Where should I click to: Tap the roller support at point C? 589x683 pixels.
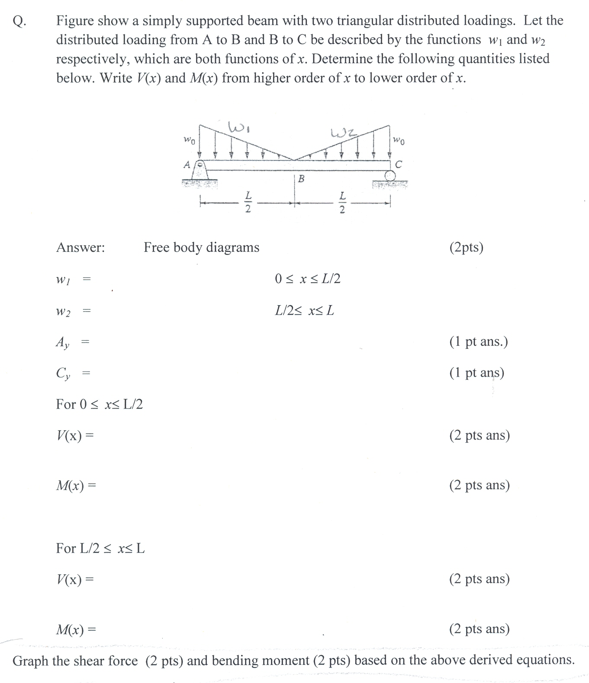[x=390, y=175]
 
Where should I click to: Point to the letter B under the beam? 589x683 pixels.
[x=301, y=178]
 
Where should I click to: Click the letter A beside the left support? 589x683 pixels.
[x=187, y=165]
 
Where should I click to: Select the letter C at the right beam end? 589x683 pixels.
[x=399, y=165]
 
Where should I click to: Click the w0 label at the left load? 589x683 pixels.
[x=189, y=140]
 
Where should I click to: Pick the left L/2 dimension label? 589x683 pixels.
[x=248, y=202]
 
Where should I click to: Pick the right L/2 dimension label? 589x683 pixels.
[x=342, y=203]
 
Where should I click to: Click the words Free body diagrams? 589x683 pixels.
[x=201, y=247]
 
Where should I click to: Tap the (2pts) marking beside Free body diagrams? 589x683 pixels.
[x=466, y=247]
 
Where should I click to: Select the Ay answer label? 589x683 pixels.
[x=62, y=342]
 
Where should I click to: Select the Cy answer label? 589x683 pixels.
[x=63, y=373]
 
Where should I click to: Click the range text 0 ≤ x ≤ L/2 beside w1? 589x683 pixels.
[x=307, y=279]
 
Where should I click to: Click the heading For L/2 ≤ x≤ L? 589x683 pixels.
[x=100, y=548]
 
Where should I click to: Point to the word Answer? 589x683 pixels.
[x=80, y=248]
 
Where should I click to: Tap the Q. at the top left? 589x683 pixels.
[x=19, y=21]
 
